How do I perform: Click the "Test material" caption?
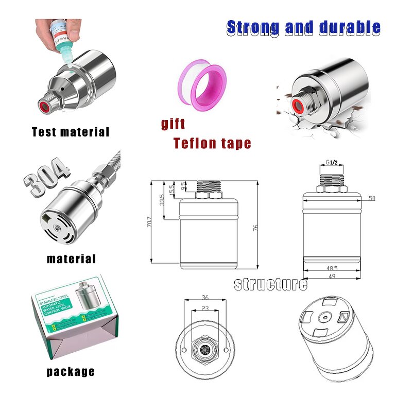(71, 132)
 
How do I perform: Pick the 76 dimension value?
(256, 227)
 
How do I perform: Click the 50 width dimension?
(372, 198)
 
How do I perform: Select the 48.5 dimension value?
(332, 268)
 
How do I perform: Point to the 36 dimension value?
(205, 297)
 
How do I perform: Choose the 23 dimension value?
(205, 308)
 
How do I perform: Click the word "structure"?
(270, 284)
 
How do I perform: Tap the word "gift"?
(173, 124)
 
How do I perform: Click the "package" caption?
(71, 371)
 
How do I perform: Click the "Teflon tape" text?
(212, 143)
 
